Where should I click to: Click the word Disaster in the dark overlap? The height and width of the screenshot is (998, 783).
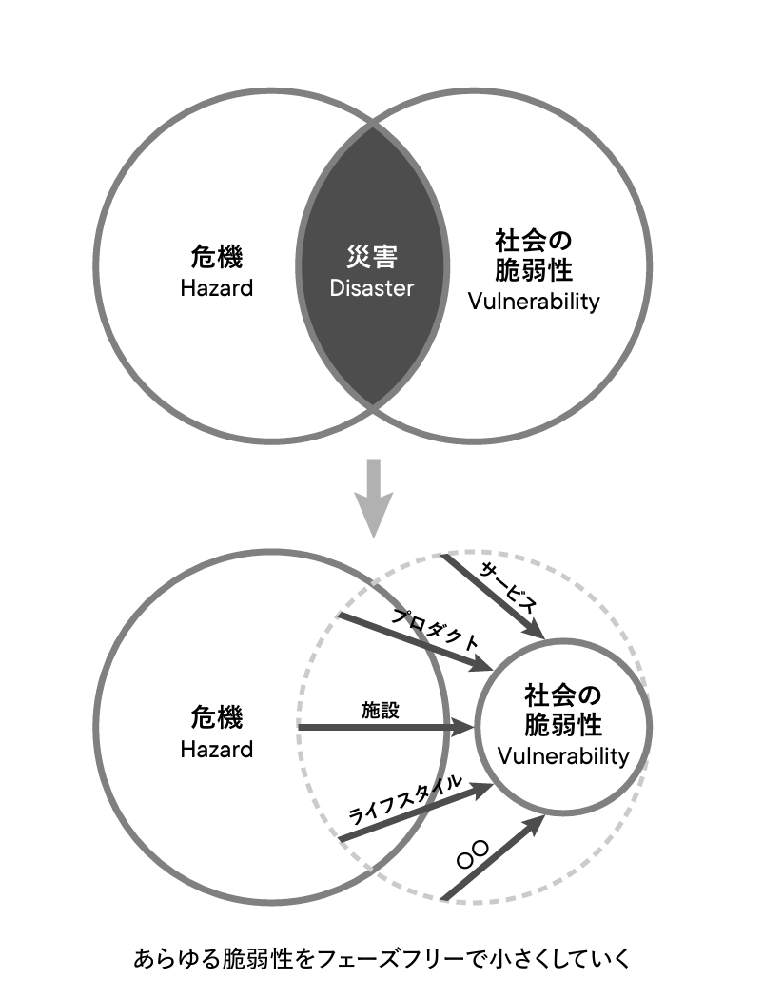pos(371,287)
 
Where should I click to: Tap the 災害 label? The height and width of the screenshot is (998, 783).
pos(371,257)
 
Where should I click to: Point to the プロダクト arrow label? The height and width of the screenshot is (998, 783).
pos(436,629)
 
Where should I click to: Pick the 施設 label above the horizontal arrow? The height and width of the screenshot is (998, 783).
pos(381,710)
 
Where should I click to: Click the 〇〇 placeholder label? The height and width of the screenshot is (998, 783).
pos(473,854)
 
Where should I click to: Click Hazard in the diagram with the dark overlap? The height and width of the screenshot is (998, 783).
pos(217,287)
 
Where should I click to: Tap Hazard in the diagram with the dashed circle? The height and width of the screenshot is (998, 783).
pos(217,749)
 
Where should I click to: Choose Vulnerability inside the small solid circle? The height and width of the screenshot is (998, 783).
pos(563,756)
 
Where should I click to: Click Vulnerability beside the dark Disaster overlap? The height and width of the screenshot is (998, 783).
pos(534,302)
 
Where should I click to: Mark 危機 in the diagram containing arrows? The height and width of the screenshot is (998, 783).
pos(217,715)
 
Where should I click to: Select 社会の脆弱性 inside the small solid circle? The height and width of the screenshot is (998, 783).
pos(563,710)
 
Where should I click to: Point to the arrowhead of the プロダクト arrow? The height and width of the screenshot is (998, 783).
pos(481,668)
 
